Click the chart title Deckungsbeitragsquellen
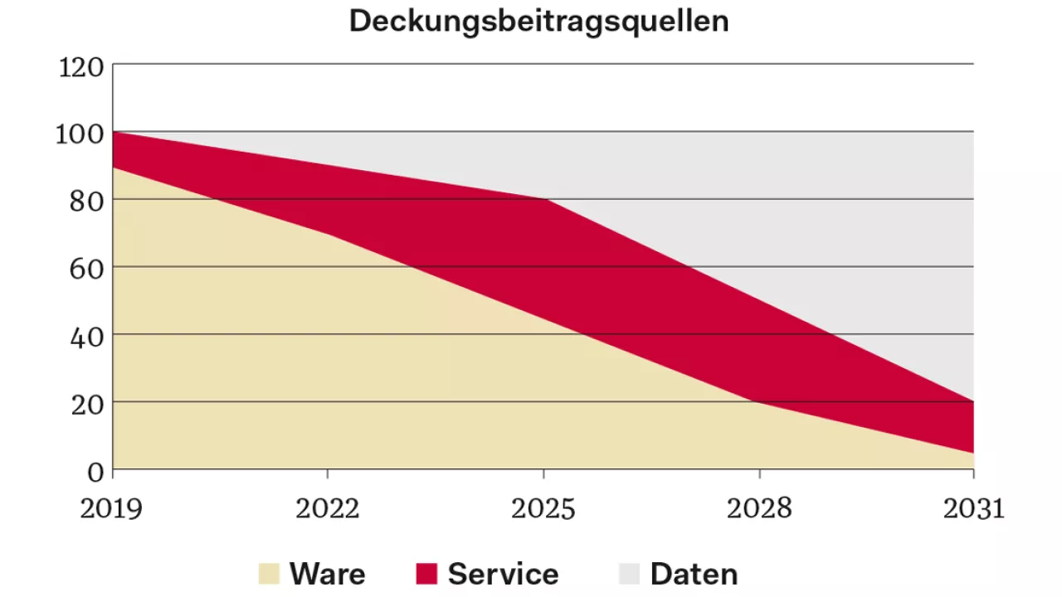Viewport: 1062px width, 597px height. click(x=538, y=22)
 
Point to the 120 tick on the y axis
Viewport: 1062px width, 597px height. click(x=81, y=66)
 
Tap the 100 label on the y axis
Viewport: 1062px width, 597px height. click(x=80, y=133)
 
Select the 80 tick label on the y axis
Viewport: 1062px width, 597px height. click(x=86, y=201)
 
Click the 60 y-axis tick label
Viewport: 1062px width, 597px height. click(x=86, y=269)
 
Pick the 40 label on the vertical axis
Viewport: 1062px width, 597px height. click(x=86, y=337)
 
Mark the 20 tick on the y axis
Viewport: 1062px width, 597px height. click(x=86, y=404)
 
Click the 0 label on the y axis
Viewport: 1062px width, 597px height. click(x=95, y=472)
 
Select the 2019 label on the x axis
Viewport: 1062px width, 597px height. click(x=111, y=508)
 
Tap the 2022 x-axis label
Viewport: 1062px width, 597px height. click(x=328, y=508)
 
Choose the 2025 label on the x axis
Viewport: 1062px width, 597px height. click(x=543, y=508)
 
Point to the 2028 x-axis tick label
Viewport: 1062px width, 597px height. click(x=759, y=508)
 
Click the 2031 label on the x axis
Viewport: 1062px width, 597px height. click(x=973, y=508)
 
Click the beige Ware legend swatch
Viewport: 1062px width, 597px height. click(x=270, y=574)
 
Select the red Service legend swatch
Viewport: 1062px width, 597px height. click(x=426, y=574)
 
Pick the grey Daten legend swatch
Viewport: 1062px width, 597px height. click(x=630, y=574)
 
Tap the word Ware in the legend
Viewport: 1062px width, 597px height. click(x=327, y=574)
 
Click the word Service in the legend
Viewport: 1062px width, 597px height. click(x=503, y=574)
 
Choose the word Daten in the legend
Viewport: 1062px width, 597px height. click(x=694, y=574)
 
